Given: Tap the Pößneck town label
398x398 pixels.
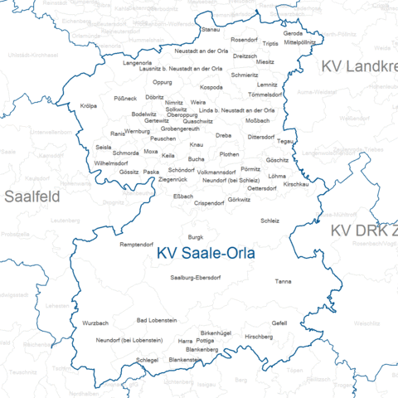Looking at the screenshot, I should tap(125, 99).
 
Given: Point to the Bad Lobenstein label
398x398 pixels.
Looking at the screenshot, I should tap(157, 320).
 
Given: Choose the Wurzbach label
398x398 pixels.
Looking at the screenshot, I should tap(95, 323).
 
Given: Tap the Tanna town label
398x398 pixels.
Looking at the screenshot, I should tap(284, 282).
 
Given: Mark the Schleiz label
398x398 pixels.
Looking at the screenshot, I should tap(270, 221).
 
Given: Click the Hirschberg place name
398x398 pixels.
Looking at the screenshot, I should tap(259, 337).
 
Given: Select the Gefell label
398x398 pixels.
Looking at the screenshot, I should tap(279, 323).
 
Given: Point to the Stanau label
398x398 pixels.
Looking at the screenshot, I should tap(211, 29).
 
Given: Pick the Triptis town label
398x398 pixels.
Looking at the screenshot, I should tap(271, 43).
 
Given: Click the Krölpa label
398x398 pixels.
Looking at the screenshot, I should tap(89, 106).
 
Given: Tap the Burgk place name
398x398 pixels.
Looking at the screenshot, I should tap(196, 237).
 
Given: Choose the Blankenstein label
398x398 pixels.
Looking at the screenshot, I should tap(187, 361).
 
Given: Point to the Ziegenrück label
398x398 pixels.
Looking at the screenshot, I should tap(172, 180).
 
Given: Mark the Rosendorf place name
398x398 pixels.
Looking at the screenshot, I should tap(245, 39).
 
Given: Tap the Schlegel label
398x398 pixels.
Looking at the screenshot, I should tap(147, 361).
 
